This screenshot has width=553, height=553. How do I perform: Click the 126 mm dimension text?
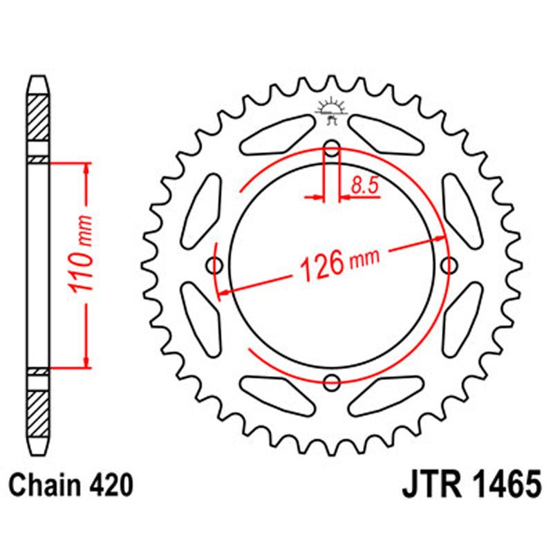339,263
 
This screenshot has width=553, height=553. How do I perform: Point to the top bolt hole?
332,149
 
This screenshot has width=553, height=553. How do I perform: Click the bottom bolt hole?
332,381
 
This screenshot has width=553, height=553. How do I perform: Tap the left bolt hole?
216,265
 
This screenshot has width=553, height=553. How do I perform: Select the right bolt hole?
449,265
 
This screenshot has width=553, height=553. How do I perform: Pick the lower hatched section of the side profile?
39,412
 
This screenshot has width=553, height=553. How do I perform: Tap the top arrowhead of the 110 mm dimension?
86,169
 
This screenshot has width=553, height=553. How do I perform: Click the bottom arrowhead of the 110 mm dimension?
86,361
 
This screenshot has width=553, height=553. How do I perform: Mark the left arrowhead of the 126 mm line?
224,294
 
